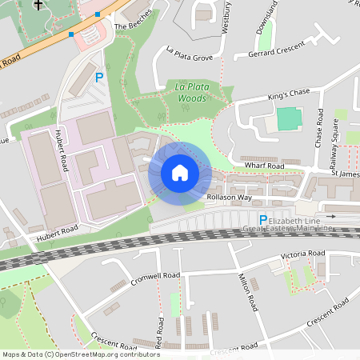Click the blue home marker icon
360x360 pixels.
(180, 173)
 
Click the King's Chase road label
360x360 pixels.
(288, 94)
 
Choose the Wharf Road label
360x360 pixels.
(266, 166)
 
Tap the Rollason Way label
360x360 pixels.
(230, 197)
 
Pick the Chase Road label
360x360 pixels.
(319, 127)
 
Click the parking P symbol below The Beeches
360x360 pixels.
(99, 78)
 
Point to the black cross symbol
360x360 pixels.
(37, 5)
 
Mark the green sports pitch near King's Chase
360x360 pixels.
(290, 119)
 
